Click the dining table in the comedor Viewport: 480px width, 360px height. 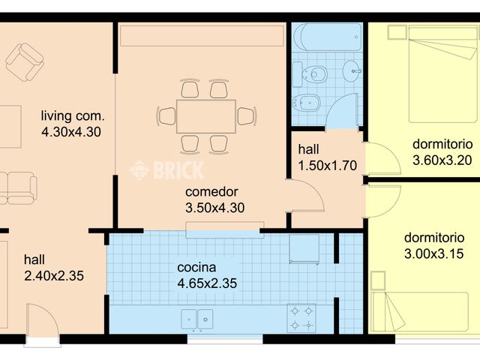[x=206, y=115]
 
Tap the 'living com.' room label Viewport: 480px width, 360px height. [x=73, y=116]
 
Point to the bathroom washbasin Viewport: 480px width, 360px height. [x=352, y=72]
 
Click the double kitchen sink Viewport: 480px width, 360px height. [x=196, y=319]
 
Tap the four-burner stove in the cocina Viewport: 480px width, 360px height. [x=302, y=317]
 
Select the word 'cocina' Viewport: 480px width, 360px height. [x=196, y=268]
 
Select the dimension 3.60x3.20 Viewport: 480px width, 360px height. [x=442, y=160]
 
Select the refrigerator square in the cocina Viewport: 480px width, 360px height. [x=304, y=248]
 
